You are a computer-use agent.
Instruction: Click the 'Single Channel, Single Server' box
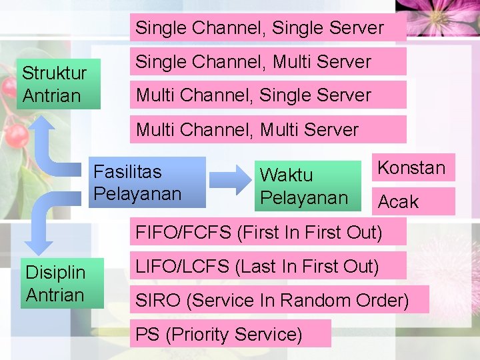coord(267,28)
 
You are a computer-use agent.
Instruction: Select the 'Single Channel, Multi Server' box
coord(267,62)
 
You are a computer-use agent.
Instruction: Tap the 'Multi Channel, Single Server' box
coord(267,95)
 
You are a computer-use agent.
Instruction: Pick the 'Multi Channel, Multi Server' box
coord(267,129)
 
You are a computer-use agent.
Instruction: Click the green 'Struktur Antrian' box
coord(59,84)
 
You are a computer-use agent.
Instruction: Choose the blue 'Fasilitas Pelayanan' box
coord(147,183)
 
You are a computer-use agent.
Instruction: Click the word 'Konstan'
coord(411,168)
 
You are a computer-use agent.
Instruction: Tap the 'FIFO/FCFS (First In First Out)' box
coord(259,233)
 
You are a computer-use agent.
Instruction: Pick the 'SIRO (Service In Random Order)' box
coord(279,300)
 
